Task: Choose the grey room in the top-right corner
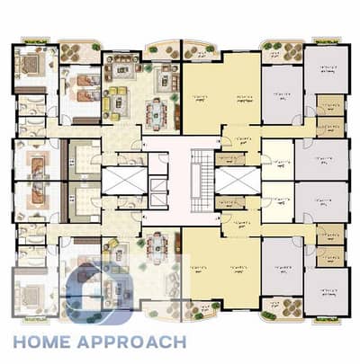pyautogui.click(x=325, y=67)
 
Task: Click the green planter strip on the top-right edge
pyautogui.click(x=327, y=40)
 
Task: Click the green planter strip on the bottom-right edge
pyautogui.click(x=327, y=320)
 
